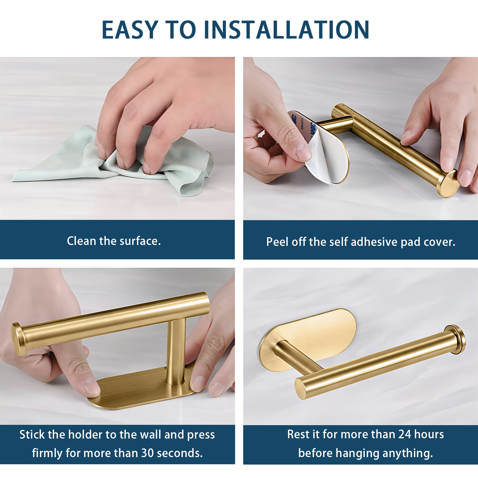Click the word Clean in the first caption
81,241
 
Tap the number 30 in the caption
148,453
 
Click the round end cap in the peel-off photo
447,183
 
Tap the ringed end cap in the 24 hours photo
455,339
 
